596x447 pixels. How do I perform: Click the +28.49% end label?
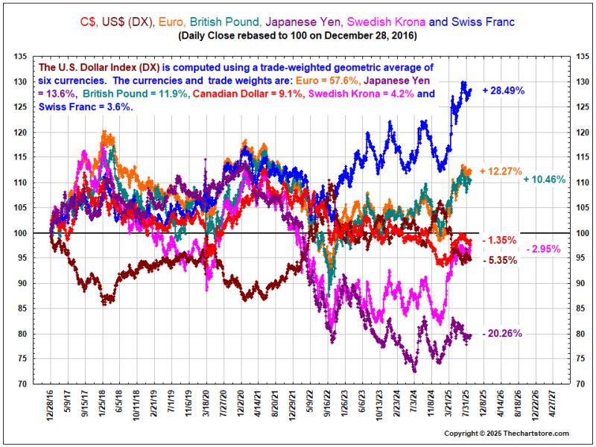(504, 90)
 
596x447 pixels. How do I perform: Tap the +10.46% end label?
(545, 180)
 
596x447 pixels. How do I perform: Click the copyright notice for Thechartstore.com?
(507, 434)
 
